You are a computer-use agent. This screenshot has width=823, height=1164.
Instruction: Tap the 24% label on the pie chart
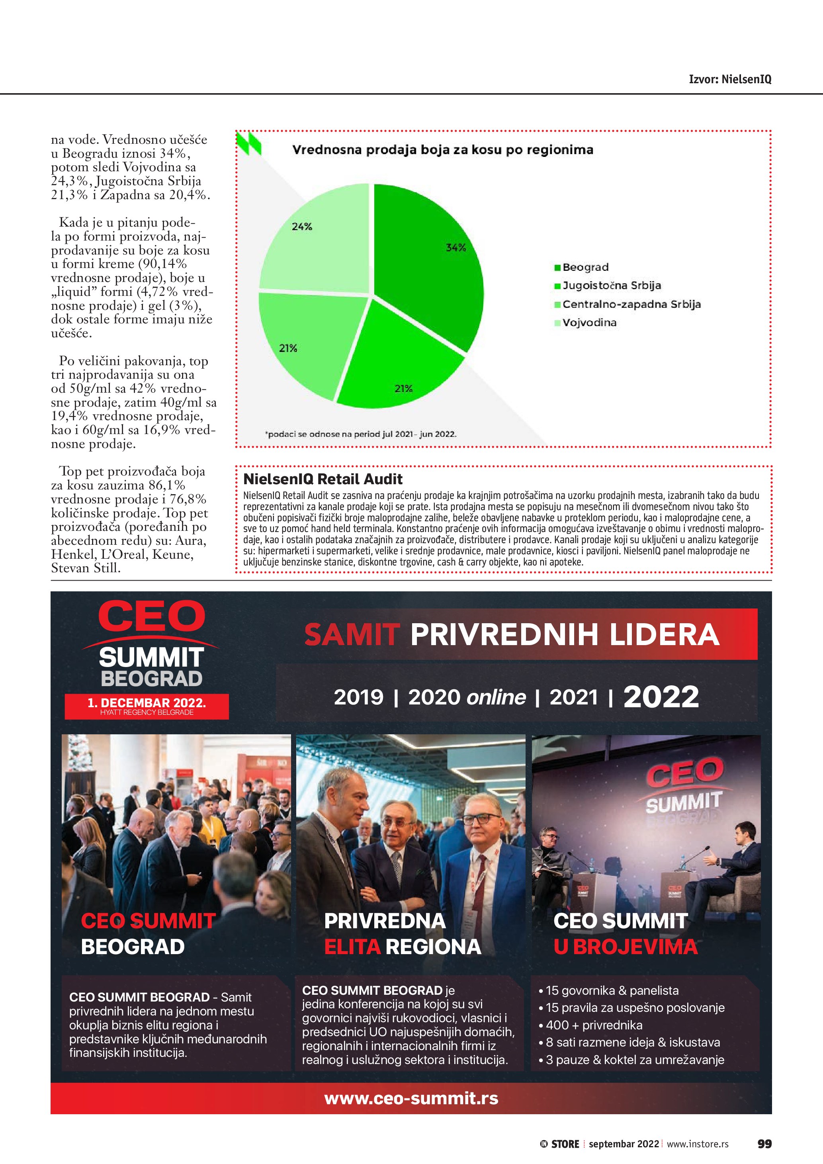302,227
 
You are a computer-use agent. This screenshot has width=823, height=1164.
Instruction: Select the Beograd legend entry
585,267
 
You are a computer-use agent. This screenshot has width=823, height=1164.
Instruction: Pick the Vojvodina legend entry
589,323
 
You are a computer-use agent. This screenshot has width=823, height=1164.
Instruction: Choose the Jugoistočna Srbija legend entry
611,286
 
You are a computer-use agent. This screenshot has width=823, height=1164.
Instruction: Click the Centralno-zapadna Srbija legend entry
631,304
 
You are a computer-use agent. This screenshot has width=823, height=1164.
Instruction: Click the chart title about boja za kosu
442,150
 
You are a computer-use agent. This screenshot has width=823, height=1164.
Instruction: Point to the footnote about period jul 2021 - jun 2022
360,434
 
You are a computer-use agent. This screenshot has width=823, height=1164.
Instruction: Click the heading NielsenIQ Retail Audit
323,479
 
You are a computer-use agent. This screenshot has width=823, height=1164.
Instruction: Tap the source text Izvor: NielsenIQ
730,79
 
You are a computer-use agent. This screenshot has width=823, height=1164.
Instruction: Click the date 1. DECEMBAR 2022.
147,702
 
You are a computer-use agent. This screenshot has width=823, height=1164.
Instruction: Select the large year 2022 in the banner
661,696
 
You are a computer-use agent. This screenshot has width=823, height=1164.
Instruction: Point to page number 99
764,1144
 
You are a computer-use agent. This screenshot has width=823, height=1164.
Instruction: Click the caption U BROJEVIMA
626,947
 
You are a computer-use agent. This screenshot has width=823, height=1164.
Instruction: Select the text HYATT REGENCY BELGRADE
147,712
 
